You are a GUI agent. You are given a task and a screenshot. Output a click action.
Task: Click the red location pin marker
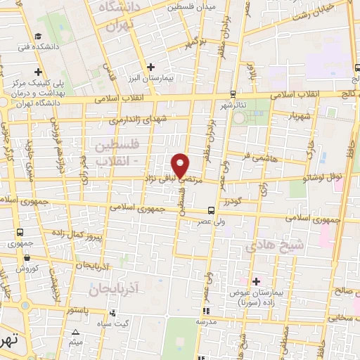coord(181,165)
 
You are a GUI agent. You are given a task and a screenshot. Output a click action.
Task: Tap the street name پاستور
coord(79,307)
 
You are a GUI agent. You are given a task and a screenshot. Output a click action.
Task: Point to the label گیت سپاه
coord(112,322)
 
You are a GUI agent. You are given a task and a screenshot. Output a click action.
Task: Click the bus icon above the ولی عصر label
coord(211,210)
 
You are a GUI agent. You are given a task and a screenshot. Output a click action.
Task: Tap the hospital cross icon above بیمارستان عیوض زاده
coord(255,281)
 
